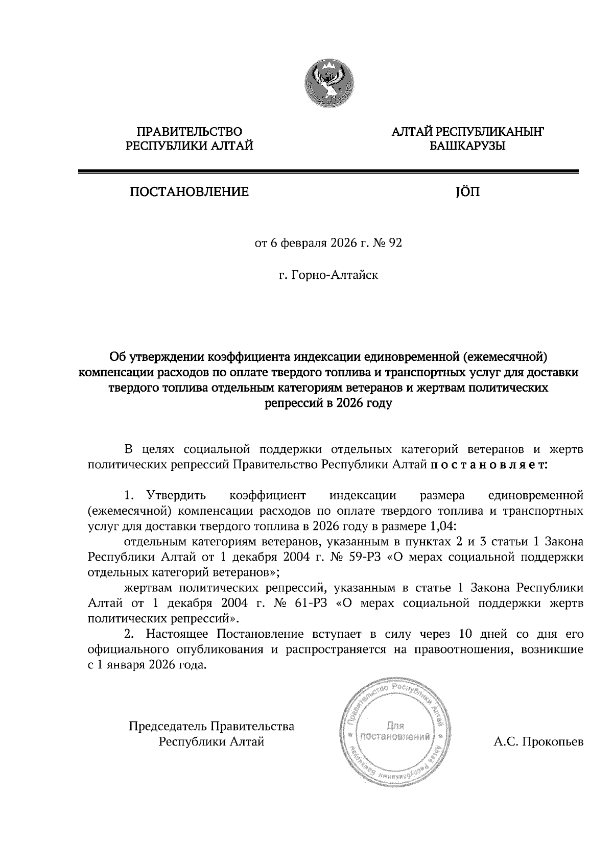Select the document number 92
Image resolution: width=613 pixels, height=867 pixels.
pyautogui.click(x=395, y=243)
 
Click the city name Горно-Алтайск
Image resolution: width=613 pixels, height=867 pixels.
pyautogui.click(x=335, y=276)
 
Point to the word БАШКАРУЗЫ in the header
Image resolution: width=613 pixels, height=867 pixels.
pyautogui.click(x=467, y=147)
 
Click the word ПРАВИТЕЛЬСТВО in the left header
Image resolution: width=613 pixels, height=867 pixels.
pyautogui.click(x=190, y=132)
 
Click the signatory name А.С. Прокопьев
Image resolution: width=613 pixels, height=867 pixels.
pyautogui.click(x=538, y=741)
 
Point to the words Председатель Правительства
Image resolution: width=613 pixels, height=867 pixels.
pyautogui.click(x=211, y=726)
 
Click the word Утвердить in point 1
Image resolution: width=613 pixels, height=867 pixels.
pyautogui.click(x=176, y=495)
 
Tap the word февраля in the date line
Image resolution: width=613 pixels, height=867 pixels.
pyautogui.click(x=304, y=243)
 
